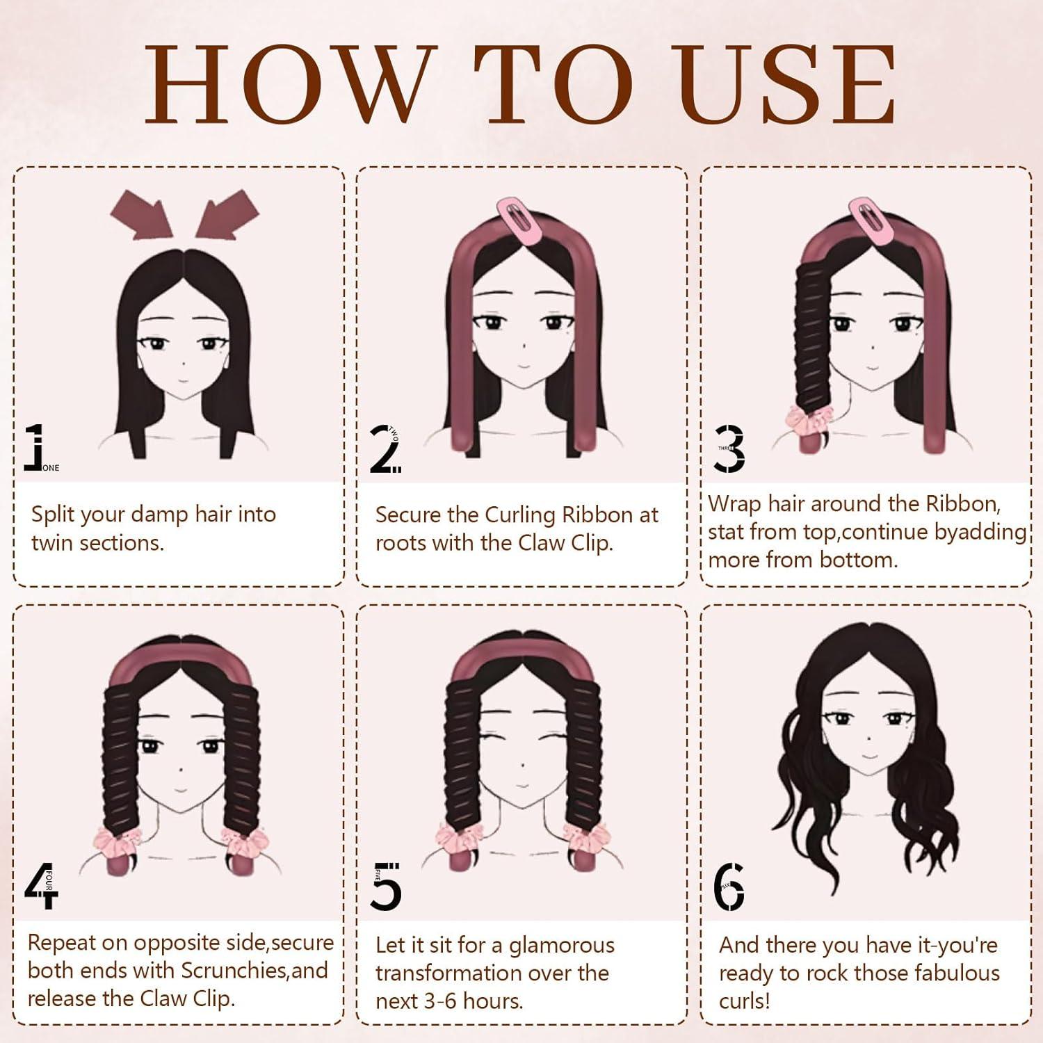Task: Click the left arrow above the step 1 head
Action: (142, 213)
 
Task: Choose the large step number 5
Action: (387, 887)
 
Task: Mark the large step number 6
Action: (729, 887)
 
